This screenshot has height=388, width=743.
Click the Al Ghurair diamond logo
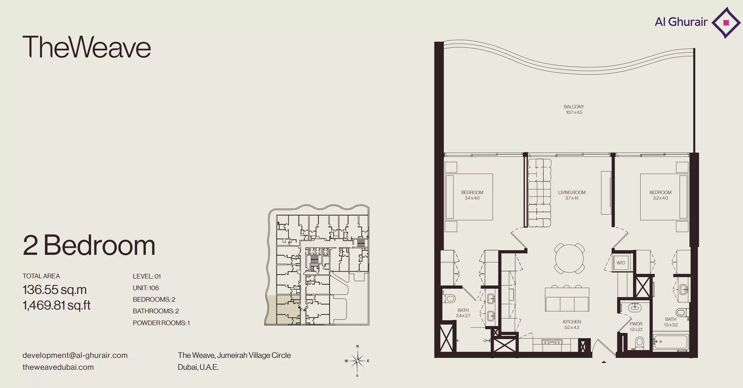[x=726, y=23]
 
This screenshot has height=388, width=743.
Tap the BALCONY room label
[x=574, y=107]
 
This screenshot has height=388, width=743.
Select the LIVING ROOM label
[x=572, y=192]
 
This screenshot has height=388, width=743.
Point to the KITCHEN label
[x=572, y=322]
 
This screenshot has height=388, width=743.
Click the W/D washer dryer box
[x=621, y=263]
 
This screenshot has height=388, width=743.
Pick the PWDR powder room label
[x=636, y=324]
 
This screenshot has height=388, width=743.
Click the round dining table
[x=569, y=258]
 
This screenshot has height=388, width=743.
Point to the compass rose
[x=358, y=361]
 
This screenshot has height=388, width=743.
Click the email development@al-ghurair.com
[x=75, y=355]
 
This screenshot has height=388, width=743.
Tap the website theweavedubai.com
[x=58, y=367]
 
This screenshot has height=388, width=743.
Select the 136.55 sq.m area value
[x=55, y=290]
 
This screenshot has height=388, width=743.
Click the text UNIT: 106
[x=146, y=288]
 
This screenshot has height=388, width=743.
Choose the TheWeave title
[x=87, y=47]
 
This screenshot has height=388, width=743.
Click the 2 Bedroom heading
[x=89, y=245]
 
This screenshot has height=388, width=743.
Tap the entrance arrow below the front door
[x=604, y=362]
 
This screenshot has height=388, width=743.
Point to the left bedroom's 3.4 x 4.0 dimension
[x=472, y=198]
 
